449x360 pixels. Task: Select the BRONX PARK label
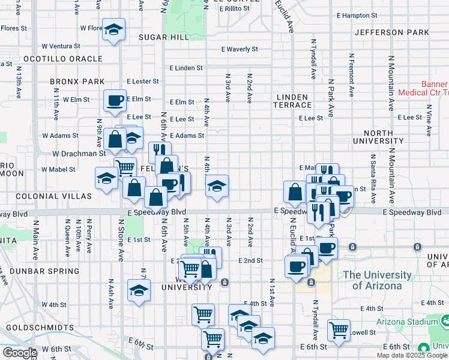[77, 82]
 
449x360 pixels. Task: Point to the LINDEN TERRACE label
[292, 101]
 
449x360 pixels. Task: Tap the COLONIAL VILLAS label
[53, 196]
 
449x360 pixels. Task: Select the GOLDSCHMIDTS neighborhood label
[40, 328]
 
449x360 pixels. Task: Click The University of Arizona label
[377, 280]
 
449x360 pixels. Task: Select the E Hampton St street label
[357, 15]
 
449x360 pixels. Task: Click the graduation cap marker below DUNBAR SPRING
[139, 290]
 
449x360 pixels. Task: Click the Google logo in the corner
[19, 353]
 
